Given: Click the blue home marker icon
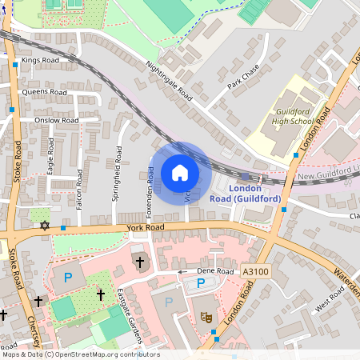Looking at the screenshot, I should point(179,173).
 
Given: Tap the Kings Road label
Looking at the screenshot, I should point(41,60).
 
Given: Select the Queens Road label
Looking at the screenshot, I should point(45,92).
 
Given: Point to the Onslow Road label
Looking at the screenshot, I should point(56,120).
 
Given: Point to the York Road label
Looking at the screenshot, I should point(145,228).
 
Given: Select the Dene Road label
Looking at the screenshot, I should point(216,272).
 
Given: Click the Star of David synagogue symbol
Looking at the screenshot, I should point(45,226).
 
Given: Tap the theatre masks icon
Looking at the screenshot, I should point(206,317).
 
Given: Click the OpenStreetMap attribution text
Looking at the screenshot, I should point(80,354).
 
